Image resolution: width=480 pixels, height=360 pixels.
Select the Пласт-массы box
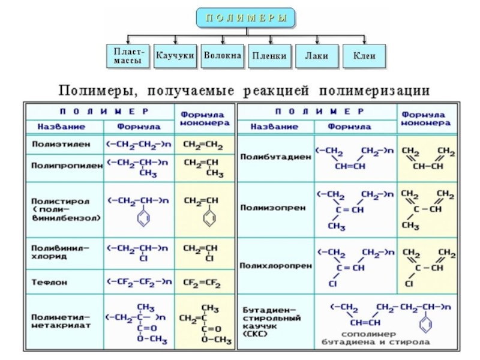click(x=128, y=56)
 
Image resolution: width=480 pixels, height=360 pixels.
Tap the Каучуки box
click(x=175, y=56)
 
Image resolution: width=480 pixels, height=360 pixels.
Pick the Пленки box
click(x=269, y=56)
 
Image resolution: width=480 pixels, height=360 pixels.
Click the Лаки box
click(x=316, y=56)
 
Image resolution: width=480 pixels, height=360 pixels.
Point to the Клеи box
click(x=364, y=56)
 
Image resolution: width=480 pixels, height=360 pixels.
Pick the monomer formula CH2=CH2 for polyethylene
click(x=202, y=145)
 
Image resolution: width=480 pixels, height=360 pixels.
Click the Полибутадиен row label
click(x=275, y=157)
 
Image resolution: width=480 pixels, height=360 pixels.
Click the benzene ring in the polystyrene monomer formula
click(x=209, y=220)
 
